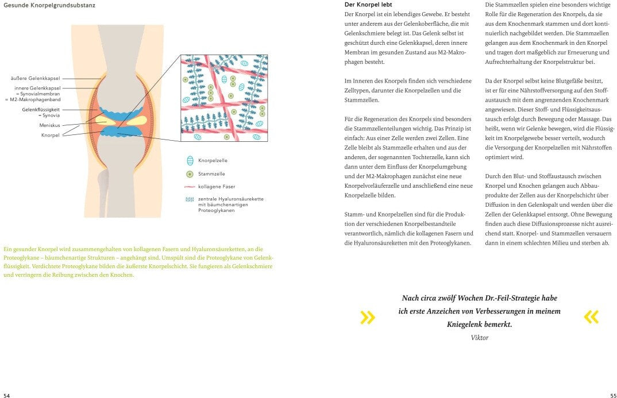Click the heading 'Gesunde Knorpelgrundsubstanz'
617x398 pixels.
point(49,6)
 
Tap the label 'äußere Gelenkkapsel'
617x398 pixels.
point(36,78)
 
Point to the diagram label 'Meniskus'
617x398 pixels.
point(49,125)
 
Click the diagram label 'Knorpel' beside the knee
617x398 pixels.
point(51,135)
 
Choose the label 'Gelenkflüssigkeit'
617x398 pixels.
point(41,109)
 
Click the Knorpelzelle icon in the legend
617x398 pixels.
point(190,161)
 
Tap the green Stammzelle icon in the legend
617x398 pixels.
point(190,173)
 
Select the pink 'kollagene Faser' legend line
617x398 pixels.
point(190,187)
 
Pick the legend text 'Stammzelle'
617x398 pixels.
point(211,173)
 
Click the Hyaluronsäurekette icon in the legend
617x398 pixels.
point(190,199)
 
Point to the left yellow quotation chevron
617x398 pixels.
point(367,316)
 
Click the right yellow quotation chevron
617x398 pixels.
point(591,316)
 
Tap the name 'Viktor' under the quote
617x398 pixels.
point(479,338)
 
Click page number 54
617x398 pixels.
point(6,395)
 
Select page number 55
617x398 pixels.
point(612,395)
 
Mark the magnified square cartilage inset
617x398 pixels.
point(225,98)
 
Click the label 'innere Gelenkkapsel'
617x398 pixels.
point(37,88)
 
